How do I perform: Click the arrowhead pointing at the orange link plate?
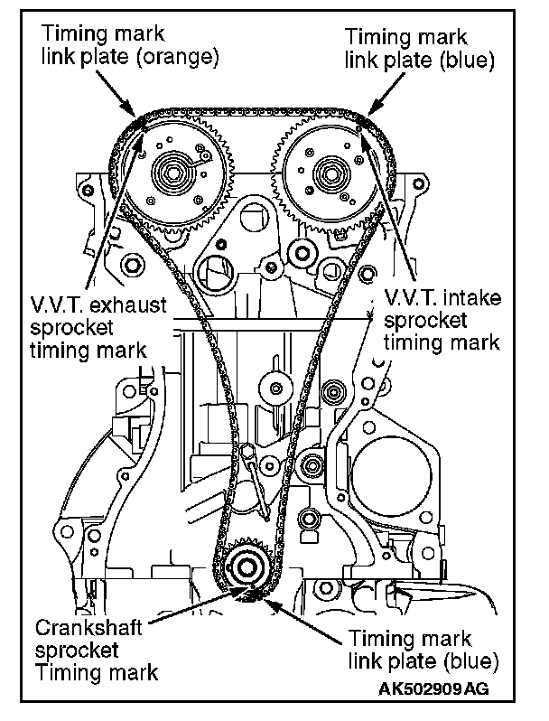click(x=133, y=116)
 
